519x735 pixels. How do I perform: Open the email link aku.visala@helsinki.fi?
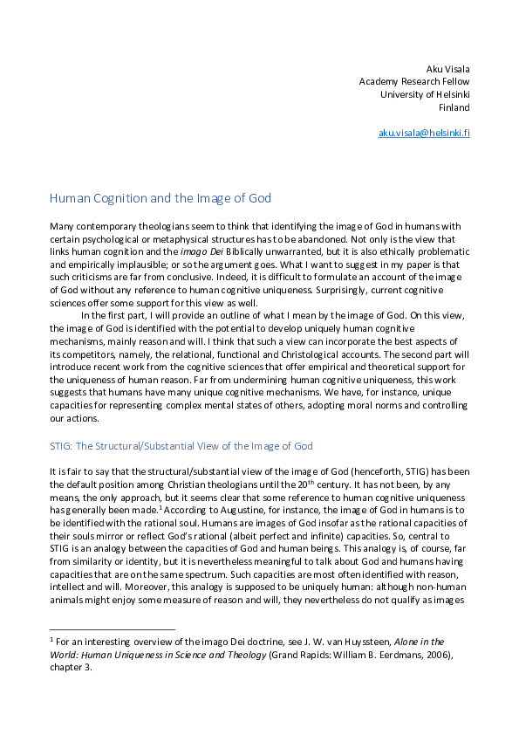(x=424, y=133)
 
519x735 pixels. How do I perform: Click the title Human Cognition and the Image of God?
(x=160, y=198)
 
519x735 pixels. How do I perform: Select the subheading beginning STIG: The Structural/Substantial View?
(x=181, y=446)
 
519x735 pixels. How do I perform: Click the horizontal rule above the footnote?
(x=113, y=629)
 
